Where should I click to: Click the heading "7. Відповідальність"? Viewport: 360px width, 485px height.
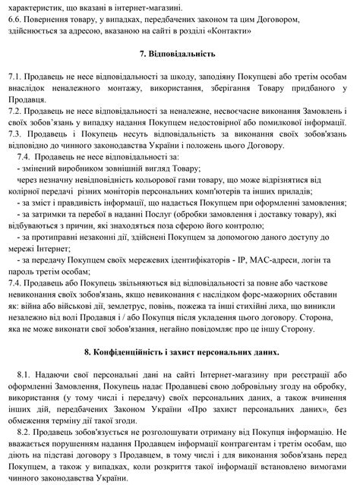(179, 55)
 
